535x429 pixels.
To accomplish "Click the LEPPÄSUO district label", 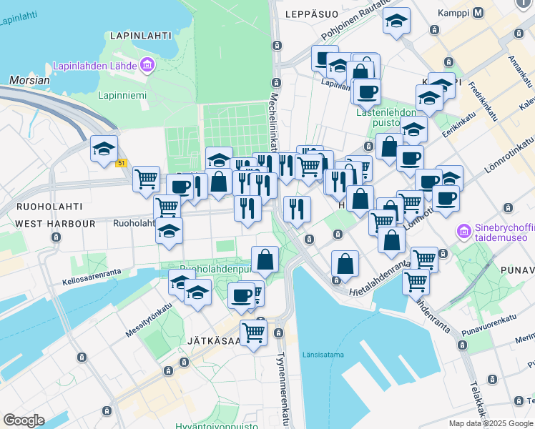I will coord(310,14).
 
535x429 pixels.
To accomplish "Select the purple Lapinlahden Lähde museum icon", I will coord(148,66).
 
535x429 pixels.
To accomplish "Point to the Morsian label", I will coord(30,80).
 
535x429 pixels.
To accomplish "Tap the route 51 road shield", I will coord(122,163).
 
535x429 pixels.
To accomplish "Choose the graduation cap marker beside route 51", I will coord(104,150).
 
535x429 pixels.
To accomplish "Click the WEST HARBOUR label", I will coord(55,224).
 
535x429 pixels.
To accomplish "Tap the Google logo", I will coord(24,420).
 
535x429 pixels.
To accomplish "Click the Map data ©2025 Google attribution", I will coord(491,423).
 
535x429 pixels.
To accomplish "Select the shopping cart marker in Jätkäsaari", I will coord(253,332).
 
